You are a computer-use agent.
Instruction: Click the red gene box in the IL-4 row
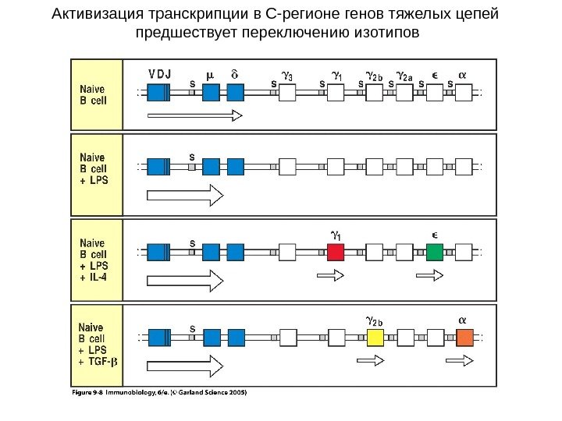(336, 252)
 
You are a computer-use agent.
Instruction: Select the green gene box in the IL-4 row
(435, 252)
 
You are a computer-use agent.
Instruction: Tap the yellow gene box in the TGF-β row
(375, 337)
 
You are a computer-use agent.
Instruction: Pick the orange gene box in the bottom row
(465, 337)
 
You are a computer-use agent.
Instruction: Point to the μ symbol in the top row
(209, 75)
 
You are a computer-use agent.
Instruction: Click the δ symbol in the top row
(235, 75)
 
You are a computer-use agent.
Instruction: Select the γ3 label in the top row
(287, 76)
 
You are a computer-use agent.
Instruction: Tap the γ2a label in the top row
(404, 76)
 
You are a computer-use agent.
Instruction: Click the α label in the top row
(462, 75)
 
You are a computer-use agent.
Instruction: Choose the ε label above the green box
(435, 233)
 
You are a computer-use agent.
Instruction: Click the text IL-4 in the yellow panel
(97, 275)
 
